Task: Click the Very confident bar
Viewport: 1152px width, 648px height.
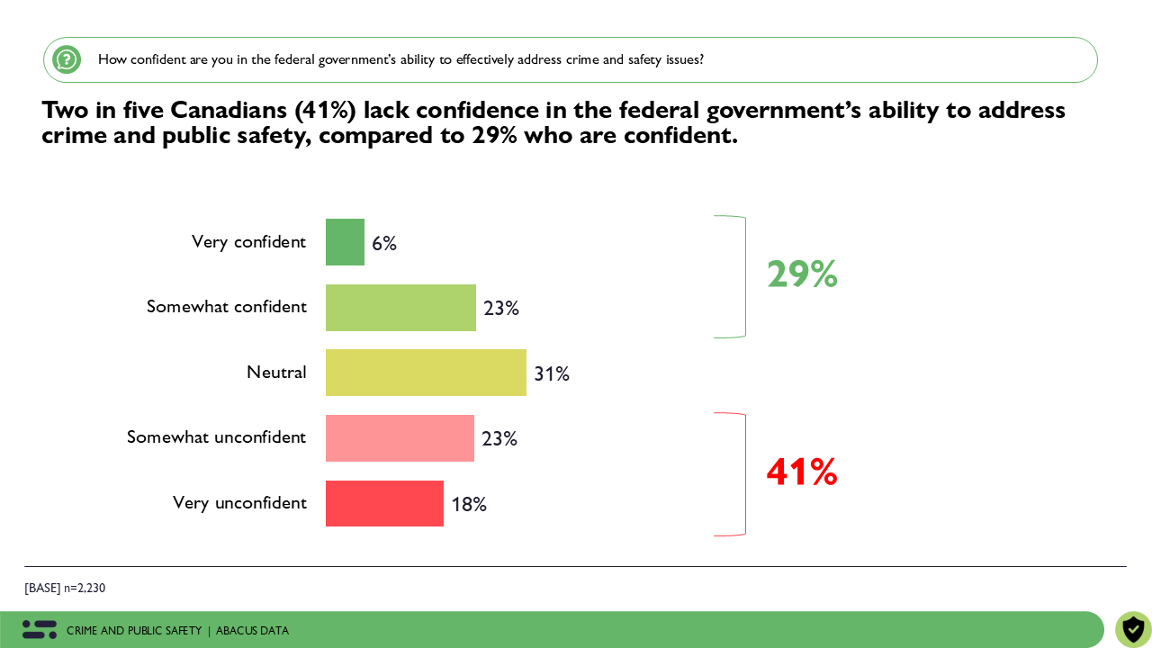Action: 345,242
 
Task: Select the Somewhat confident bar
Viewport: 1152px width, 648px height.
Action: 400,308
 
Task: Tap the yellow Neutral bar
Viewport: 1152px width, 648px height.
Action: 426,373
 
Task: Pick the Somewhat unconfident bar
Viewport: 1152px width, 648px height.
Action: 400,438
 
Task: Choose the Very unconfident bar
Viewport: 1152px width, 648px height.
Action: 384,503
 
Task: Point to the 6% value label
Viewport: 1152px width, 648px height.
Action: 384,244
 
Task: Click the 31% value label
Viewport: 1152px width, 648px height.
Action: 552,373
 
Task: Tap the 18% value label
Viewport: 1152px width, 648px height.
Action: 469,505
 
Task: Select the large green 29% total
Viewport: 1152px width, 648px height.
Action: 802,274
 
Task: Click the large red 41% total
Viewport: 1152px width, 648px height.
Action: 802,472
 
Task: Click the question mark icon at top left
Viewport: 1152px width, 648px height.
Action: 67,59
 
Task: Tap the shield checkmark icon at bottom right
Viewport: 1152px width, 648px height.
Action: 1133,629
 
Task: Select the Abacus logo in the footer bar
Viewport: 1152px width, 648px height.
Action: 40,630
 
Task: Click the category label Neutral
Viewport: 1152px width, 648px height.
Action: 276,373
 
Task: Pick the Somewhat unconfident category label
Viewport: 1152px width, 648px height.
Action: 216,437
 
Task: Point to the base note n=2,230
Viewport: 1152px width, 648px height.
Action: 65,589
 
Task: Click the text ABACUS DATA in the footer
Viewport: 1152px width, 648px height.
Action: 252,631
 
